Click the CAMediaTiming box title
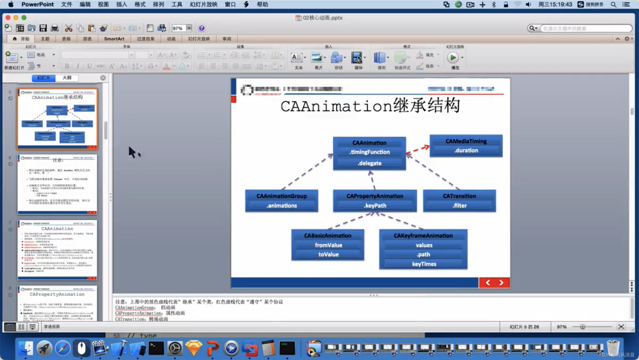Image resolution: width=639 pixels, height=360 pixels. coord(466,141)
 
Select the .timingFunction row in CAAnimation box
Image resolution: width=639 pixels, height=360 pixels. coord(369,152)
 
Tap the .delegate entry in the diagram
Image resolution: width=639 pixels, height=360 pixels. coord(369,163)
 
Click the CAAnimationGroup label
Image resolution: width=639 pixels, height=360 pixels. coord(281,196)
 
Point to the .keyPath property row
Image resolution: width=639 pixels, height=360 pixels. coord(375,206)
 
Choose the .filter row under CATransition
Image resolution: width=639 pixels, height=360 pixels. coord(459,206)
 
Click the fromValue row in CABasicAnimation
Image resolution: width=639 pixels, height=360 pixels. coord(328,245)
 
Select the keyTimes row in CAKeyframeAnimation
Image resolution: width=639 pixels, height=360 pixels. coord(424,264)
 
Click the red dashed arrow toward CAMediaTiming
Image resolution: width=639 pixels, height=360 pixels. coord(418,149)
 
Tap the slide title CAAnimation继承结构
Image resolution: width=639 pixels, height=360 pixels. coord(370,106)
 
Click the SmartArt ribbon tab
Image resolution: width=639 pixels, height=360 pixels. coord(114,39)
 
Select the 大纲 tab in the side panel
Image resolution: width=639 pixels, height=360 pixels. coord(67,78)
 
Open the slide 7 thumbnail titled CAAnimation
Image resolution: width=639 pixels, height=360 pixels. coord(57,249)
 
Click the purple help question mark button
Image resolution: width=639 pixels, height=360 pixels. coord(202,28)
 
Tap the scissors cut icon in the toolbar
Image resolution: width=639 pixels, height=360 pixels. coord(68,28)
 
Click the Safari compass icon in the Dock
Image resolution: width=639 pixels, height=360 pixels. coord(63,348)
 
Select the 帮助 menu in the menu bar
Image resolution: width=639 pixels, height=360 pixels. coord(262,4)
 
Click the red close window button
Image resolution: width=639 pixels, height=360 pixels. coord(8,18)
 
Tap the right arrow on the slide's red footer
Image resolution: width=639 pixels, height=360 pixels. coord(501,283)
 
